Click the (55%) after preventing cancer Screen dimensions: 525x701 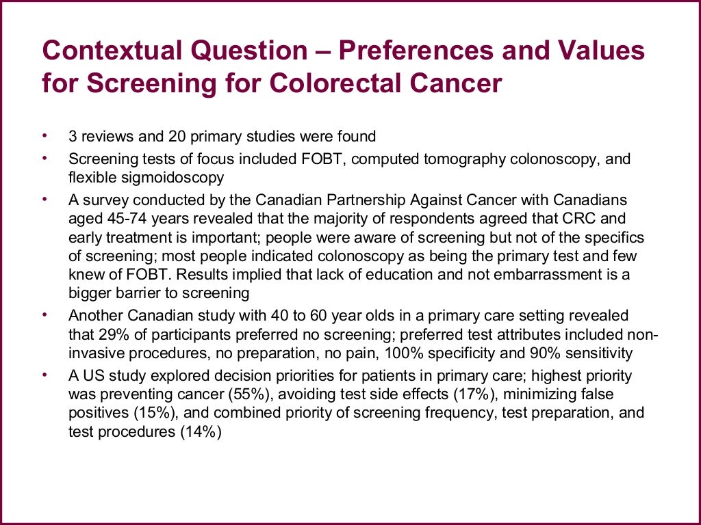258,394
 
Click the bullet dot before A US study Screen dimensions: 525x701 46,375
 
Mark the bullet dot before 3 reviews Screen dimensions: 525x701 46,135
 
